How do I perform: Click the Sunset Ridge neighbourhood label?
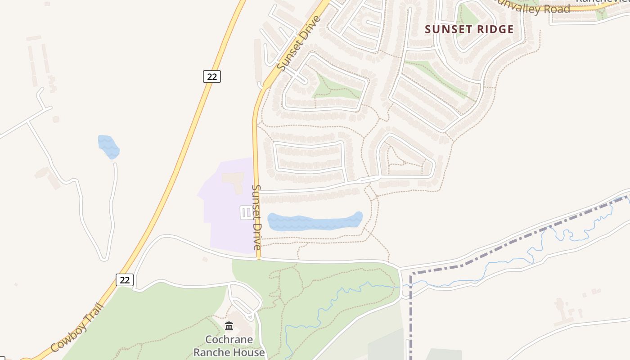click(469, 30)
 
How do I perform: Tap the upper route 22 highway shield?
click(211, 76)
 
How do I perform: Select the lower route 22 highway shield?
click(125, 280)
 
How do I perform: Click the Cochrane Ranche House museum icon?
click(229, 326)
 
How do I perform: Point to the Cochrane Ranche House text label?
click(229, 346)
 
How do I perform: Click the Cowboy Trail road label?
click(77, 327)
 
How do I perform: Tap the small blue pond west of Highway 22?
click(108, 147)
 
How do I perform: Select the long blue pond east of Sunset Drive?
click(315, 222)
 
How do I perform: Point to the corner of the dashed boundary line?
click(411, 273)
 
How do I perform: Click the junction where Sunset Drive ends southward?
click(259, 259)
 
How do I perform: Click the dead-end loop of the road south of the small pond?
click(104, 258)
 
